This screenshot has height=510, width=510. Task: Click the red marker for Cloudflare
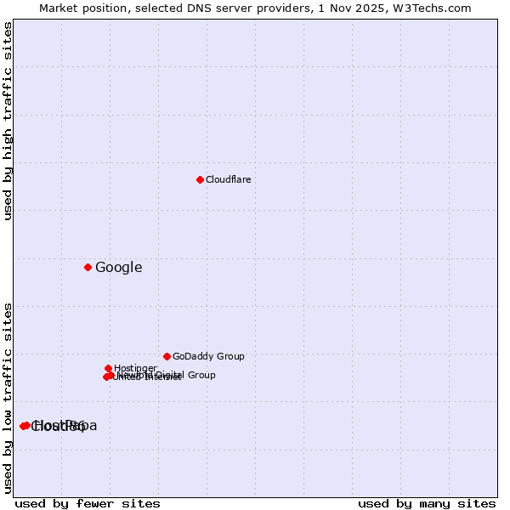coord(200,179)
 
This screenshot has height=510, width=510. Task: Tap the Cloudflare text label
coord(229,180)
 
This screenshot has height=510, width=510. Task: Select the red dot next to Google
coord(88,267)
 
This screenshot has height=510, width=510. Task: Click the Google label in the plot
coord(119,268)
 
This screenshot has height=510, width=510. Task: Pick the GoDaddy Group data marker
coord(167,356)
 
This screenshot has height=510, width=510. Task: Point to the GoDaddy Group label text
coord(208,357)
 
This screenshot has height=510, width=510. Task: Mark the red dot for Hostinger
coord(109,368)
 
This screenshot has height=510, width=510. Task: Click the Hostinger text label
coord(136,368)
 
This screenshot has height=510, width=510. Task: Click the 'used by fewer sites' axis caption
coord(88,503)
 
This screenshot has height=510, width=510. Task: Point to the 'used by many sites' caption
coord(427,503)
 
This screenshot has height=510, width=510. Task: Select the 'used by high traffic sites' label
coord(8,121)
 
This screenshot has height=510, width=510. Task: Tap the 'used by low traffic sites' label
coord(8,398)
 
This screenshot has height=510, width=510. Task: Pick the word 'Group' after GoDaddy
coord(229,357)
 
